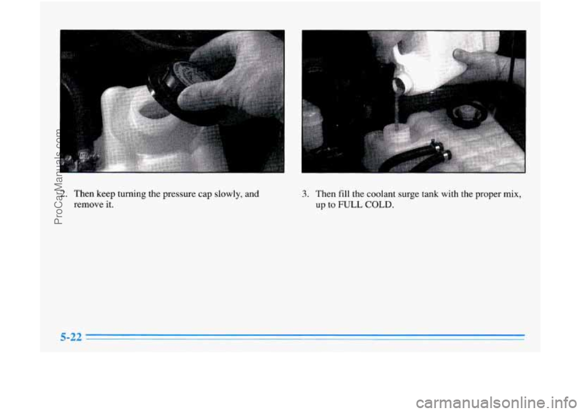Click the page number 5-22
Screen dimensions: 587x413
(71, 337)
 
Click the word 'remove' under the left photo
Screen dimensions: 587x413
(87, 205)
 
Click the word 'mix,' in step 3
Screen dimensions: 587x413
(513, 194)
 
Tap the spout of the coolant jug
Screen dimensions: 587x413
(401, 86)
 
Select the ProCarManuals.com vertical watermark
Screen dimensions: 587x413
(59, 176)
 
